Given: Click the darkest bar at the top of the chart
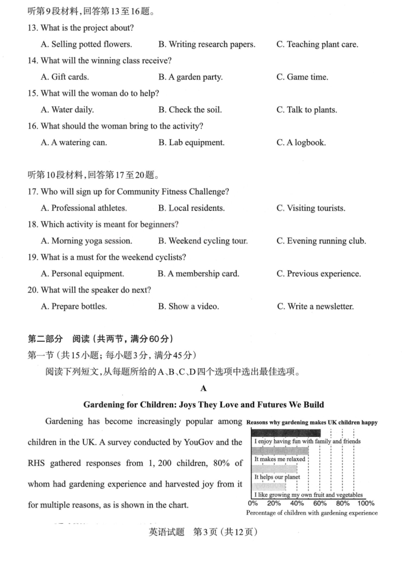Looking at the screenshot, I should point(285,433).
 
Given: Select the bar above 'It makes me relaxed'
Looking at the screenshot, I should point(280,451).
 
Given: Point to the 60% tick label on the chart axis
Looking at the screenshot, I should point(320,503).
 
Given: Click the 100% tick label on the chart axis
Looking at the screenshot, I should point(366,503).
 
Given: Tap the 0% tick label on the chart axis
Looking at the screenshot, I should point(253,503).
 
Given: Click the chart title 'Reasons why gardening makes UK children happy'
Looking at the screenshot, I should point(312,422).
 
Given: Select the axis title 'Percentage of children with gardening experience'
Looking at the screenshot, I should point(312,513).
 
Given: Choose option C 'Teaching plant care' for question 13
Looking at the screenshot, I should point(317,44).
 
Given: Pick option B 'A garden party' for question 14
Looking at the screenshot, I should point(190,77).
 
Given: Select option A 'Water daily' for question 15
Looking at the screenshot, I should point(67,110).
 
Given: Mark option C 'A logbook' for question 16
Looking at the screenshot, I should point(301,143).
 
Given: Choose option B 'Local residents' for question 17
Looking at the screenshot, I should point(191,208).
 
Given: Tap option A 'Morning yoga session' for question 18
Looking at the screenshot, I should point(86,241).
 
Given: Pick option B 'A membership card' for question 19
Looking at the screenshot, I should point(198,274).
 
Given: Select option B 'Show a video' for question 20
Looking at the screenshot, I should point(188,306).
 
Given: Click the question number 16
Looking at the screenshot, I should point(32,126).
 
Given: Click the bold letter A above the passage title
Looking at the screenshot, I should point(203,388).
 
